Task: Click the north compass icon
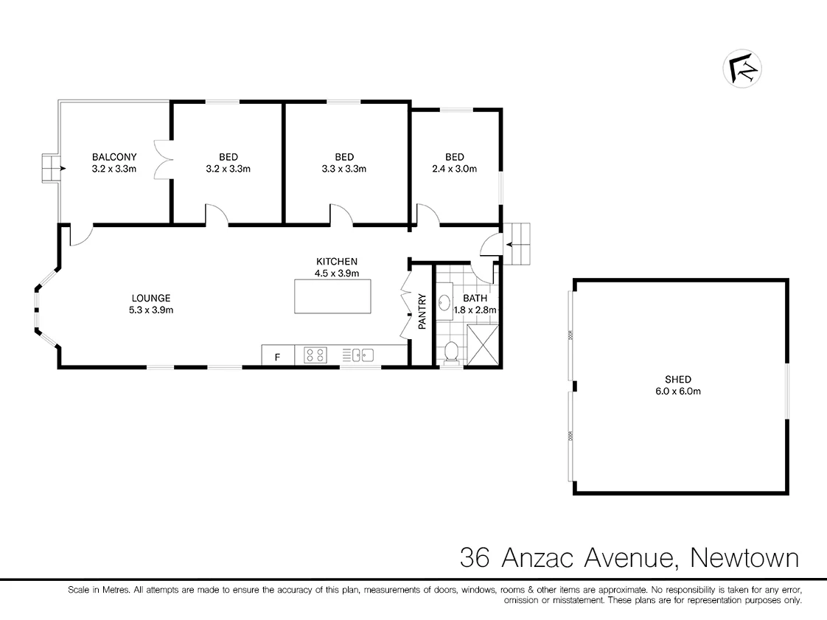[x=741, y=69]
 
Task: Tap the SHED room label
[x=678, y=380]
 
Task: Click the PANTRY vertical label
[x=422, y=312]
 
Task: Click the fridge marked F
[x=278, y=357]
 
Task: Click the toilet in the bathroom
[x=452, y=355]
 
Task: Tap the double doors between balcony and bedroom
[x=162, y=159]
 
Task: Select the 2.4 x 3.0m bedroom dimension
[x=455, y=169]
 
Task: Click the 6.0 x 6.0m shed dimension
[x=678, y=391]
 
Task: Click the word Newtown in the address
[x=744, y=557]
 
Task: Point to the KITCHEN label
[x=337, y=262]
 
